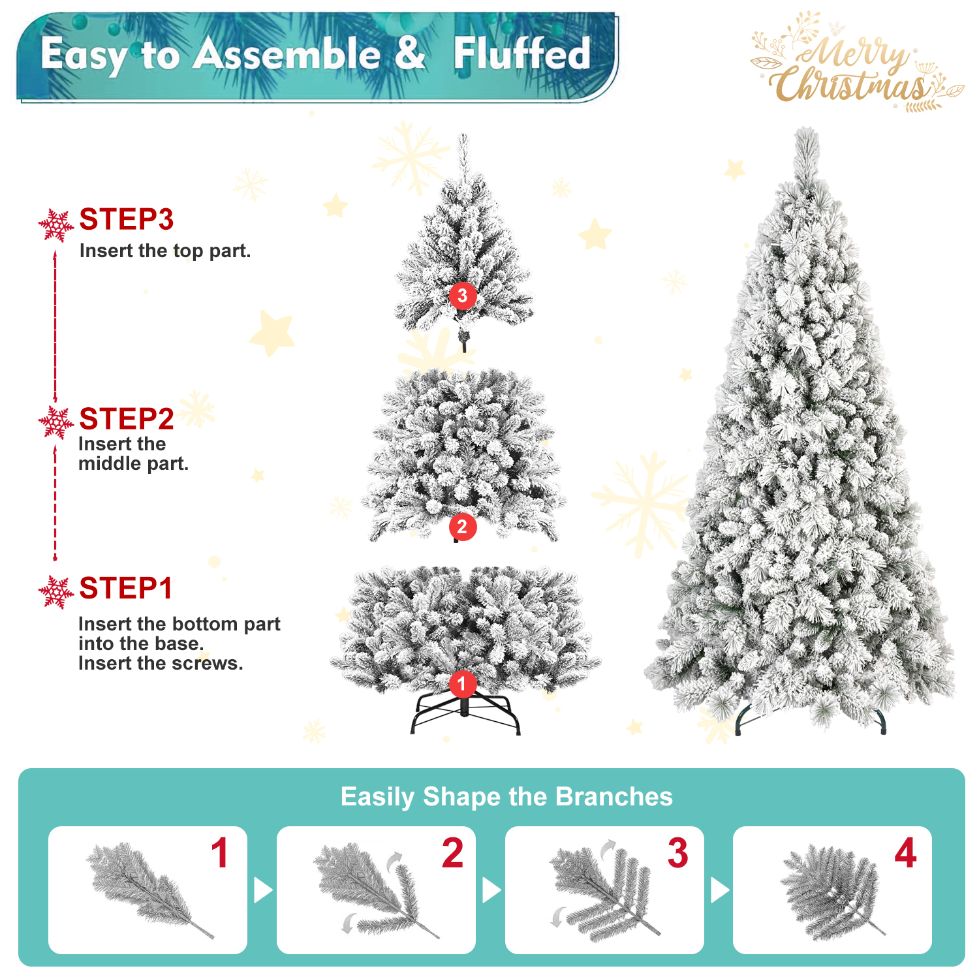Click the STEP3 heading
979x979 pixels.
click(x=126, y=219)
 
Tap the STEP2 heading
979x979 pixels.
click(x=126, y=419)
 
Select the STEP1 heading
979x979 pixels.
click(x=125, y=588)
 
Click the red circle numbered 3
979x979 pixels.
click(x=463, y=296)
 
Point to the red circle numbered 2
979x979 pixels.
click(x=462, y=527)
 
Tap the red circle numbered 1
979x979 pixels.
click(x=462, y=683)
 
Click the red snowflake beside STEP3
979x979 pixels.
click(x=56, y=225)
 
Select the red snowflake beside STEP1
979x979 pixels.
click(x=56, y=592)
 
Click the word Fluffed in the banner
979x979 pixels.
click(x=522, y=54)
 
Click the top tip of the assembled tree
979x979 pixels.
click(x=807, y=133)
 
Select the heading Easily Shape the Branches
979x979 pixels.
click(x=506, y=797)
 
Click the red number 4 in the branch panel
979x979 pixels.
click(x=905, y=853)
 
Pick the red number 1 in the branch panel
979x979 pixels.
click(x=220, y=853)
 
